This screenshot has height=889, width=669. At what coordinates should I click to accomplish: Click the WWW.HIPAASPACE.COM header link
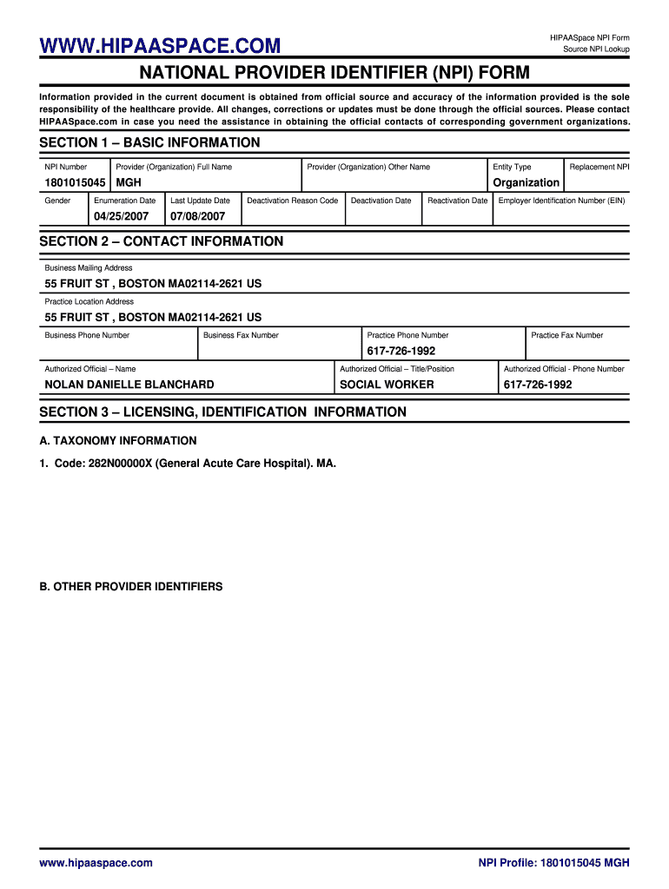[x=160, y=45]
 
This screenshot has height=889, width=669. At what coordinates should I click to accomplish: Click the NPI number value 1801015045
[x=75, y=183]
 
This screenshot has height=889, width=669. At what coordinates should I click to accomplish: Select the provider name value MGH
[x=129, y=183]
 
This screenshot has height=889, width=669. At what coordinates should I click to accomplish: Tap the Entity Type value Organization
[x=526, y=183]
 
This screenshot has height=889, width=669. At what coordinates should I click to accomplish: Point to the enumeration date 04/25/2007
[x=122, y=215]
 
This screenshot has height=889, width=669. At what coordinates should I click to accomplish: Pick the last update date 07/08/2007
[x=199, y=215]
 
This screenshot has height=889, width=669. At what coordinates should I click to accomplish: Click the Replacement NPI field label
[x=599, y=167]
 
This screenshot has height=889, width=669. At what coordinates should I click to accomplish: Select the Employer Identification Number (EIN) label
[x=561, y=201]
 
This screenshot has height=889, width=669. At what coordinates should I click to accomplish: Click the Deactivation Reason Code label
[x=293, y=201]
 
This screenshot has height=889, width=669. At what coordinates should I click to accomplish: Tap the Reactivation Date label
[x=458, y=201]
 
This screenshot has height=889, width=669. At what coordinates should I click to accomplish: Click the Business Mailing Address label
[x=89, y=268]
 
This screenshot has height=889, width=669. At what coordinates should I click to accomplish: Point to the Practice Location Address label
[x=89, y=301]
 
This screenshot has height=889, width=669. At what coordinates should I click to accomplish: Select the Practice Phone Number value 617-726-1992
[x=401, y=352]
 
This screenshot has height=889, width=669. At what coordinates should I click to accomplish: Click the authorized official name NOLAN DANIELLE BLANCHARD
[x=129, y=385]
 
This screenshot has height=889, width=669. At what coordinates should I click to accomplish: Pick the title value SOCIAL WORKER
[x=387, y=385]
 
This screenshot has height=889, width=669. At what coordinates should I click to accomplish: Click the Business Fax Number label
[x=241, y=335]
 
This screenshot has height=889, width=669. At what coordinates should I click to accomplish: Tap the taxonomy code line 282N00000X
[x=187, y=464]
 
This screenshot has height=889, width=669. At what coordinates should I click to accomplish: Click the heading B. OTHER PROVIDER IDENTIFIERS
[x=131, y=587]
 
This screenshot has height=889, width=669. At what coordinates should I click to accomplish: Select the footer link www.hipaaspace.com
[x=96, y=863]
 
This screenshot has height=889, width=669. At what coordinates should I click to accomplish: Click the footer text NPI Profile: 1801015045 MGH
[x=553, y=863]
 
